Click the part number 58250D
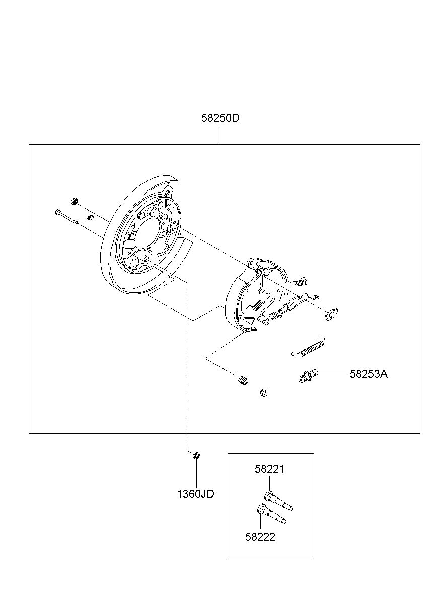pos(220,118)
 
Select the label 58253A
pos(368,374)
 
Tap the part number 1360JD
pos(196,494)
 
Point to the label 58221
pos(269,469)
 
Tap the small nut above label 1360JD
pos(196,455)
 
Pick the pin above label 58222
pos(271,514)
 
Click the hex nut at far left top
pos(73,201)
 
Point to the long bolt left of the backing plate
pos(66,217)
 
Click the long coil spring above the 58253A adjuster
pos(308,347)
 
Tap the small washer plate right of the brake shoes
pos(331,315)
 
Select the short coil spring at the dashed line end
pos(243,380)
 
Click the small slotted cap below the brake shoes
pos(264,393)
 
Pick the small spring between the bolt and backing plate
pos(90,217)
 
